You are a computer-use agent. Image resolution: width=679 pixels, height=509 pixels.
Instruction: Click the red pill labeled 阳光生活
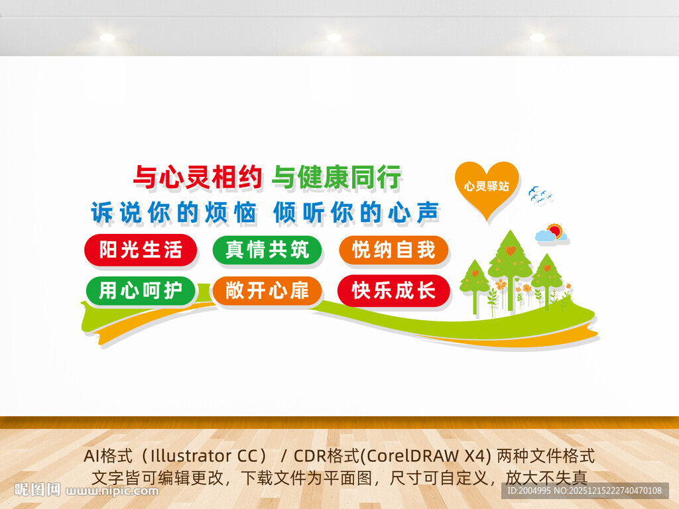(141, 250)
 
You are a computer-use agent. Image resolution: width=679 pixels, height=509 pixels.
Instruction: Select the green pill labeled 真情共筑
(267, 250)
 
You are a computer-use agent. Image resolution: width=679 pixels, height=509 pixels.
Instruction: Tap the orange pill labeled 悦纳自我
(394, 250)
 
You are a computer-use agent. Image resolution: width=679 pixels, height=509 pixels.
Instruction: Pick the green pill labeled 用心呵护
(141, 290)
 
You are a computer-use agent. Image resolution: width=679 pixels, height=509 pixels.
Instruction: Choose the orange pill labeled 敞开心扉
(267, 290)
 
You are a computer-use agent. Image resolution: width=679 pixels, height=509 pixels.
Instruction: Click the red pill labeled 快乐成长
(394, 290)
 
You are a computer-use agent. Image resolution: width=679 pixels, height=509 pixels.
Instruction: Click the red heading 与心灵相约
(200, 178)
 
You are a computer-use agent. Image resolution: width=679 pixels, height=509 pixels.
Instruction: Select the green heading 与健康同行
(337, 178)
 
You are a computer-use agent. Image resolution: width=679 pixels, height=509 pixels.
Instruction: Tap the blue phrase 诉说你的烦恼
(174, 213)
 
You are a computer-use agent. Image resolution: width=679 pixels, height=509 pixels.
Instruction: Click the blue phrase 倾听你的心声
(357, 213)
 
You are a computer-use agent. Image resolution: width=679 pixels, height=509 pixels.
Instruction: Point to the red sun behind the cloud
(556, 231)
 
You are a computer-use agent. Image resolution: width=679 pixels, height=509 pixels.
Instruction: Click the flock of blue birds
(540, 196)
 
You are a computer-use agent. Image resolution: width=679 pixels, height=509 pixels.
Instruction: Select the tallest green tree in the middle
(510, 262)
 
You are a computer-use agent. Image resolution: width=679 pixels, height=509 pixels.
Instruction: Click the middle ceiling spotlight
(334, 38)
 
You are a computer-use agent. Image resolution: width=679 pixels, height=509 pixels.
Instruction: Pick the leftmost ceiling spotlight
(107, 38)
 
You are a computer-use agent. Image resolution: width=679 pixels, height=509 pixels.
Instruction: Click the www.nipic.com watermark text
(113, 491)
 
